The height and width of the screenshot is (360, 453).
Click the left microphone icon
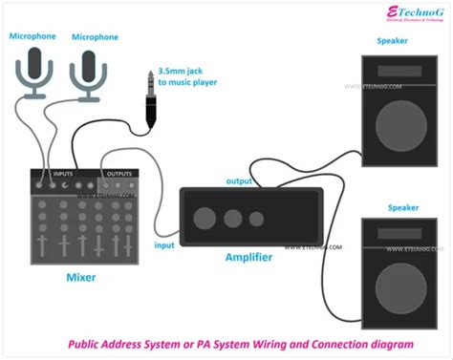(37, 74)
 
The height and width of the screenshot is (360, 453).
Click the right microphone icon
(88, 74)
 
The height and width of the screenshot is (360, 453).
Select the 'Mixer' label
(80, 277)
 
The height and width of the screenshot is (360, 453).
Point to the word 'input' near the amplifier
(164, 245)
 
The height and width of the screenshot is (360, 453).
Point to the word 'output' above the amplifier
(239, 181)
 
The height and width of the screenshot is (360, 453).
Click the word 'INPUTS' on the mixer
(62, 173)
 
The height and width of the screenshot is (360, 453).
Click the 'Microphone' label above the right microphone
(95, 37)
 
